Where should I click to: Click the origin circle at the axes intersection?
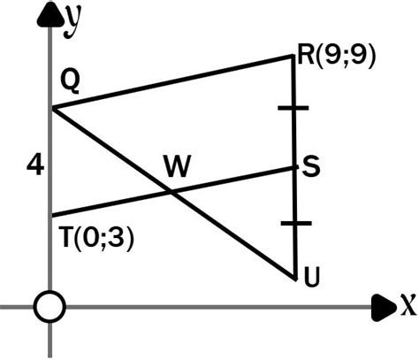[x=51, y=307]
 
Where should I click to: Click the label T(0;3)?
[x=97, y=239]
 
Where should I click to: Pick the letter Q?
[x=71, y=82]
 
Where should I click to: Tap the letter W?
[x=176, y=165]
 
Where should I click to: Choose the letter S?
[x=310, y=165]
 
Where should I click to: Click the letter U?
[x=311, y=279]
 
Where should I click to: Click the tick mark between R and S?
[x=294, y=108]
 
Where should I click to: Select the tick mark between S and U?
[x=294, y=225]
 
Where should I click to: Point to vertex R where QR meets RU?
[x=294, y=56]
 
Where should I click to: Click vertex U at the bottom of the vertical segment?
[x=294, y=278]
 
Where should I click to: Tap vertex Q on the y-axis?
[x=52, y=109]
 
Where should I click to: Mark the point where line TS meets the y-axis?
[x=52, y=215]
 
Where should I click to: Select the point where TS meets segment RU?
[x=294, y=166]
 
